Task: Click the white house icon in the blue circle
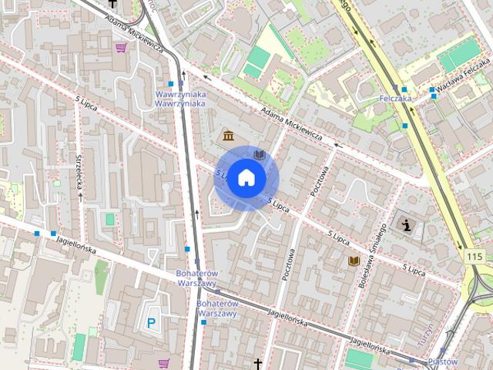click(x=246, y=177)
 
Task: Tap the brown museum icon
click(x=229, y=136)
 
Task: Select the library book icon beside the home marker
click(x=260, y=155)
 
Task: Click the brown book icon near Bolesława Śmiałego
click(x=354, y=261)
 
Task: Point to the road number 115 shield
click(x=473, y=256)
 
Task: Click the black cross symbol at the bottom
click(x=258, y=364)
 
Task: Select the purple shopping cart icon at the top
click(x=121, y=47)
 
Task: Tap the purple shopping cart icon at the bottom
click(x=163, y=363)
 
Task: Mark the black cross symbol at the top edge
click(x=112, y=3)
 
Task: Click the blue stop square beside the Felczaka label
click(x=404, y=90)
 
